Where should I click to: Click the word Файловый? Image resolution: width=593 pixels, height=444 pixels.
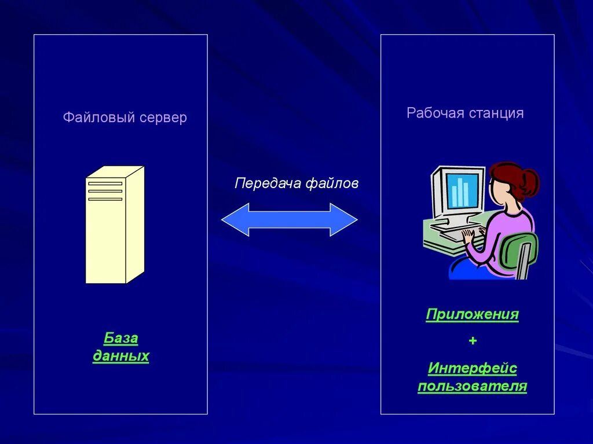98,118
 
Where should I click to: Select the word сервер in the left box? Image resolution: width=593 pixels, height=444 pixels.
163,118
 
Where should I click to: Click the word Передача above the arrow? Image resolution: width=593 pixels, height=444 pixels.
268,184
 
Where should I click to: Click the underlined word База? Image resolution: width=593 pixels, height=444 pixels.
121,338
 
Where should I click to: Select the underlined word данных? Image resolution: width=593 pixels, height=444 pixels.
121,356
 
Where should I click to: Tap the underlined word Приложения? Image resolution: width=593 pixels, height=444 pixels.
472,315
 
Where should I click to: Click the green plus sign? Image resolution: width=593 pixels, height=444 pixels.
473,341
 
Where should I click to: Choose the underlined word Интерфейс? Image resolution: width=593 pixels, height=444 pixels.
472,368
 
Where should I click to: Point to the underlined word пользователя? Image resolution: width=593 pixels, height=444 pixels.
472,386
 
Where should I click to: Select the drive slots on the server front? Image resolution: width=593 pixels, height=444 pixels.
105,191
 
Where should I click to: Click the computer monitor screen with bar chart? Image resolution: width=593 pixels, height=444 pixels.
464,190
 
